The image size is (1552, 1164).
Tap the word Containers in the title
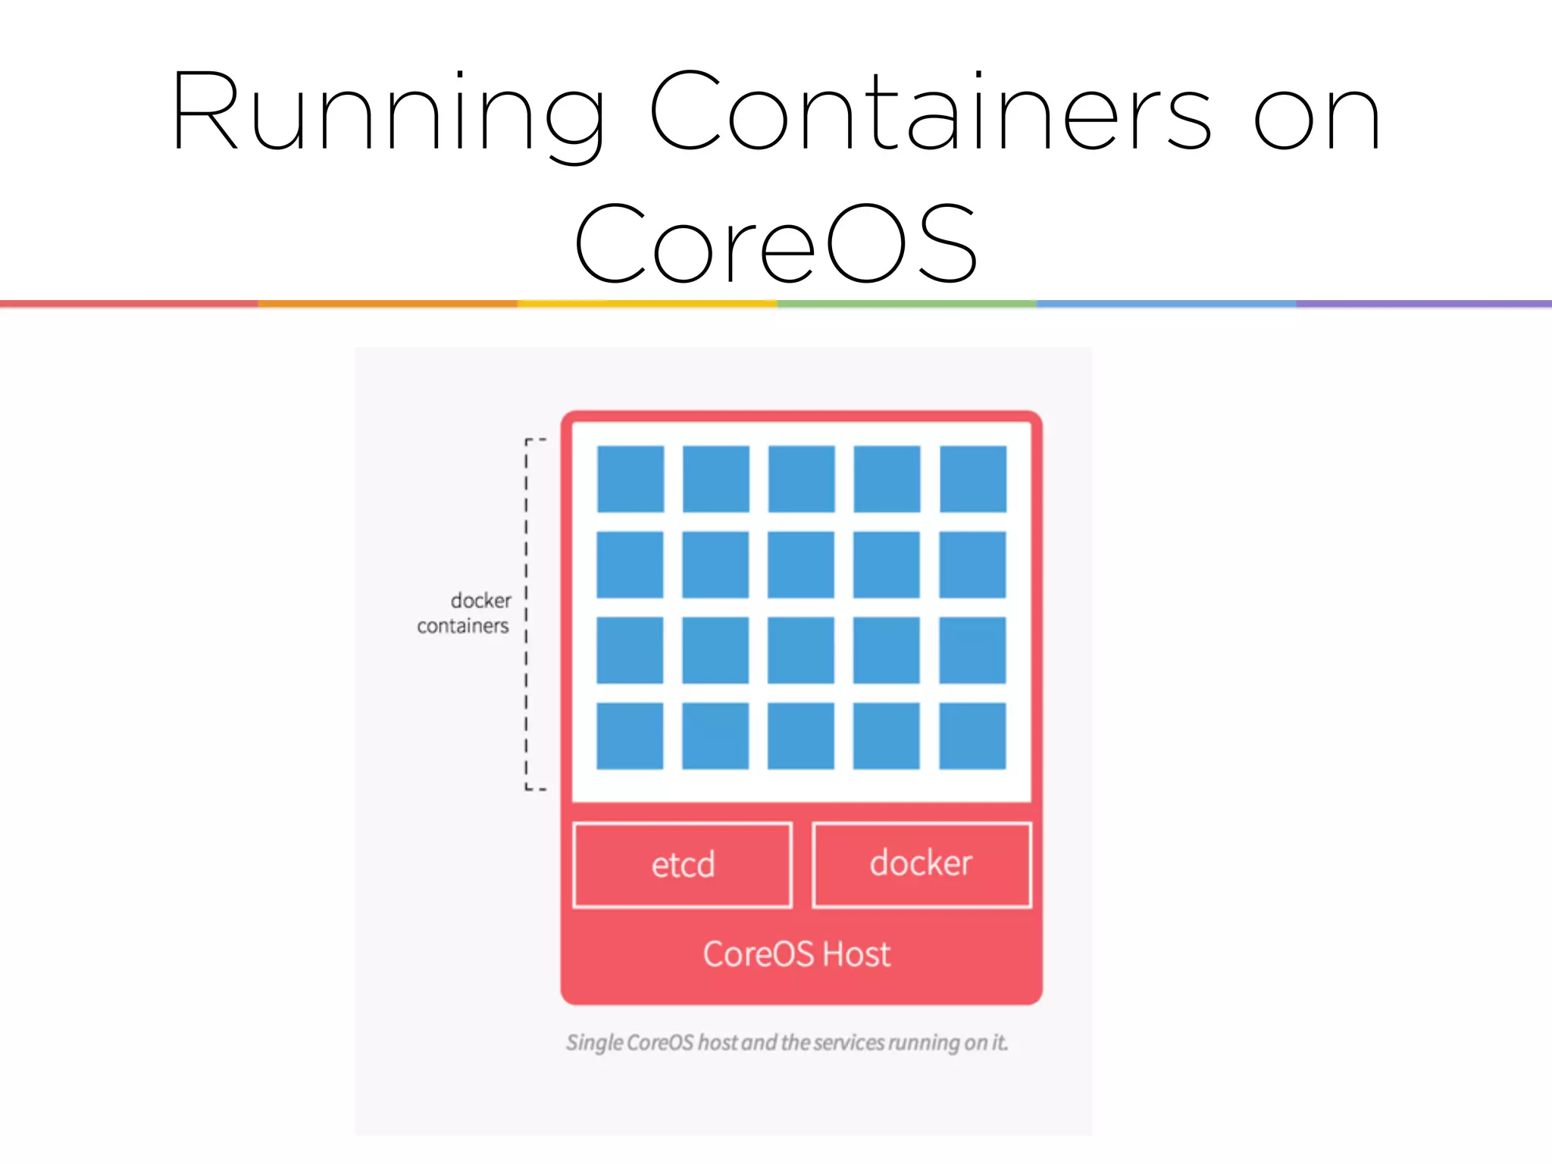931,112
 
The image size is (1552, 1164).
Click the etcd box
683,865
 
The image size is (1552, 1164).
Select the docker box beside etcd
921,864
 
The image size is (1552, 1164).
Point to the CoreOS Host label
796,954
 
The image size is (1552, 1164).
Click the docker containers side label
465,613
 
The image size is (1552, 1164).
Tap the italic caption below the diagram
787,1043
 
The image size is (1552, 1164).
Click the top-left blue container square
630,479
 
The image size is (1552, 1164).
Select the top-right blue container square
973,479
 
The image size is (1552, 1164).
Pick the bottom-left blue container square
630,736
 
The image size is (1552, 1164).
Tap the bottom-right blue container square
972,736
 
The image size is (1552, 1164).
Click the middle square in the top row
802,479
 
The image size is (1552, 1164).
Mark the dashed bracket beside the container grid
527,614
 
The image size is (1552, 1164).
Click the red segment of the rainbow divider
129,304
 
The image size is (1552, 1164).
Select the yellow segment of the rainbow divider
647,304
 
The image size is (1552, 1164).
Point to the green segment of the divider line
906,304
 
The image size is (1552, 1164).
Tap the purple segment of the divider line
1423,304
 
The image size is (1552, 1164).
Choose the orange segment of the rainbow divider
387,304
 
